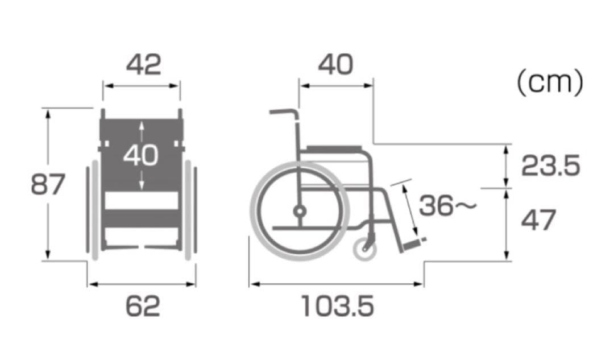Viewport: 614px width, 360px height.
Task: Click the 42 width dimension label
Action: point(143,65)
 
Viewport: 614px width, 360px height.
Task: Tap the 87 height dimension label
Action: point(48,184)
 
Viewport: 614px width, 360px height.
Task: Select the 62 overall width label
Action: point(143,307)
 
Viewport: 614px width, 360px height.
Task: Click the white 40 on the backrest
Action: point(141,155)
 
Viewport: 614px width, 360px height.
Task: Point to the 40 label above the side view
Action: point(335,65)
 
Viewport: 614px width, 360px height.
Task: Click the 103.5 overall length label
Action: point(338,307)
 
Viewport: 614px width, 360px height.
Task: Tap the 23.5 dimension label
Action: point(550,165)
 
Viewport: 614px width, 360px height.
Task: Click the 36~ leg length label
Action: point(448,205)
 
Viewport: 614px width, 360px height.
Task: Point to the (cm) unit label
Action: point(550,82)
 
